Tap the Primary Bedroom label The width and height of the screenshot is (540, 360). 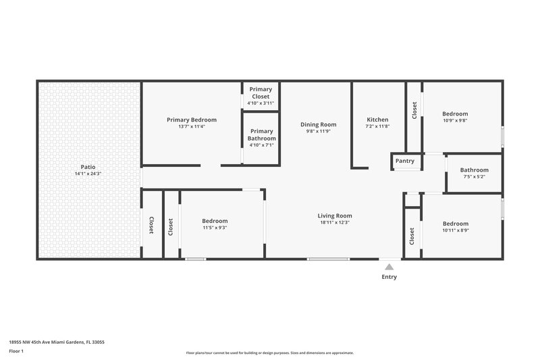pyautogui.click(x=192, y=120)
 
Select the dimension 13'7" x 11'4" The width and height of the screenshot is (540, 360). pyautogui.click(x=192, y=127)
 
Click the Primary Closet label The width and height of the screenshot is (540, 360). pyautogui.click(x=261, y=93)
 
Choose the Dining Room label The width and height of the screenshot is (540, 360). pyautogui.click(x=318, y=124)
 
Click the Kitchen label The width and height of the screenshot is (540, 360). pyautogui.click(x=377, y=120)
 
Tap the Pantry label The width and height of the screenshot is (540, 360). pyautogui.click(x=405, y=161)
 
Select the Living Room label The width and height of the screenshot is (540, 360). pyautogui.click(x=335, y=216)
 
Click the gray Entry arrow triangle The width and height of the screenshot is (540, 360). pyautogui.click(x=389, y=267)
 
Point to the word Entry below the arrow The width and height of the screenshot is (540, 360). pyautogui.click(x=389, y=277)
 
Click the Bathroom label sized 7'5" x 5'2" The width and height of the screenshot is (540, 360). pyautogui.click(x=474, y=170)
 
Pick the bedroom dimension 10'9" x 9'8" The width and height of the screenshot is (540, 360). pyautogui.click(x=455, y=121)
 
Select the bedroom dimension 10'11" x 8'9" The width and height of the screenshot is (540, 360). pyautogui.click(x=455, y=231)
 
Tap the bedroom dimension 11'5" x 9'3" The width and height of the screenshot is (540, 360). pyautogui.click(x=215, y=228)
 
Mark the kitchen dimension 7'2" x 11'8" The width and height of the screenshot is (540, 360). pyautogui.click(x=377, y=126)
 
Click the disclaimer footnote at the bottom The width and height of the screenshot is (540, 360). pyautogui.click(x=270, y=353)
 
